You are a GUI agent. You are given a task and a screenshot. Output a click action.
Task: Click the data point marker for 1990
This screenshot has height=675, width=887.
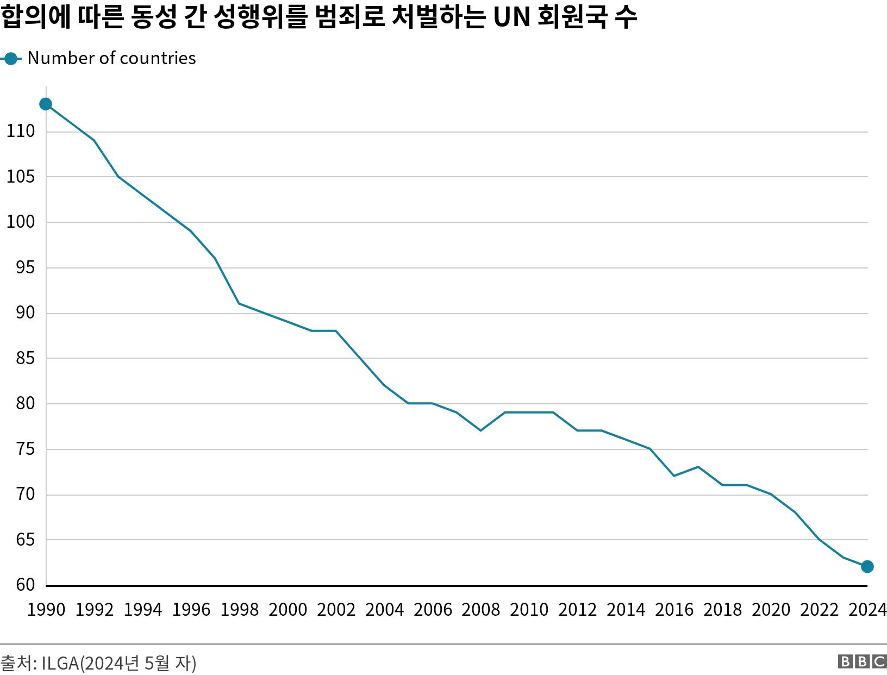click(x=46, y=104)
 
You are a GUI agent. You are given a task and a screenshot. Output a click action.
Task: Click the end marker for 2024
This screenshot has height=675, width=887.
click(x=867, y=566)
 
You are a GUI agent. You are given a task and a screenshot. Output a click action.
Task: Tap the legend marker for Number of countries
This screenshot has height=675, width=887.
click(x=10, y=58)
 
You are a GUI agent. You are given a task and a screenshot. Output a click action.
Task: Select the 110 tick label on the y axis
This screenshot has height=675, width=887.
click(x=21, y=131)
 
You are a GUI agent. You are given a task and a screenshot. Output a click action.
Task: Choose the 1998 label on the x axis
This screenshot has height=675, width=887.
click(x=239, y=610)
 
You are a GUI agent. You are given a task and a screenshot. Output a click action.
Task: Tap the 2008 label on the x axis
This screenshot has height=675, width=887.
click(x=480, y=610)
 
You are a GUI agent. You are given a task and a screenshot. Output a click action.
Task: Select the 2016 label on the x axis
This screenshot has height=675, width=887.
click(x=674, y=610)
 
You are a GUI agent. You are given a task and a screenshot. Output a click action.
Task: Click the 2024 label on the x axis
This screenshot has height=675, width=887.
click(x=867, y=610)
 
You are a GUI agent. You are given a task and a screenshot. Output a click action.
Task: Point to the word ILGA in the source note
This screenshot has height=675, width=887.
click(x=60, y=663)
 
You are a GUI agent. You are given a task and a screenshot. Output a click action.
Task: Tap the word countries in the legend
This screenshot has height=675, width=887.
click(x=163, y=58)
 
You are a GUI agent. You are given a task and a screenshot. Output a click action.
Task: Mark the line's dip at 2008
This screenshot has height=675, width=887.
click(x=480, y=430)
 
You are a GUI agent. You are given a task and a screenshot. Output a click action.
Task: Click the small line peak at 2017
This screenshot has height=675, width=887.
click(x=698, y=466)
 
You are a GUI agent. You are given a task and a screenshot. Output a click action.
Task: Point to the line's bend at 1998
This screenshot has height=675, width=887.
click(x=239, y=303)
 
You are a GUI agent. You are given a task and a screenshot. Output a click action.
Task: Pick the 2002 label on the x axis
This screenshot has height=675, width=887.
click(x=336, y=610)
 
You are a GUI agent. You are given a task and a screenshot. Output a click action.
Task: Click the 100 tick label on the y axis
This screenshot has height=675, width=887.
click(x=21, y=222)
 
